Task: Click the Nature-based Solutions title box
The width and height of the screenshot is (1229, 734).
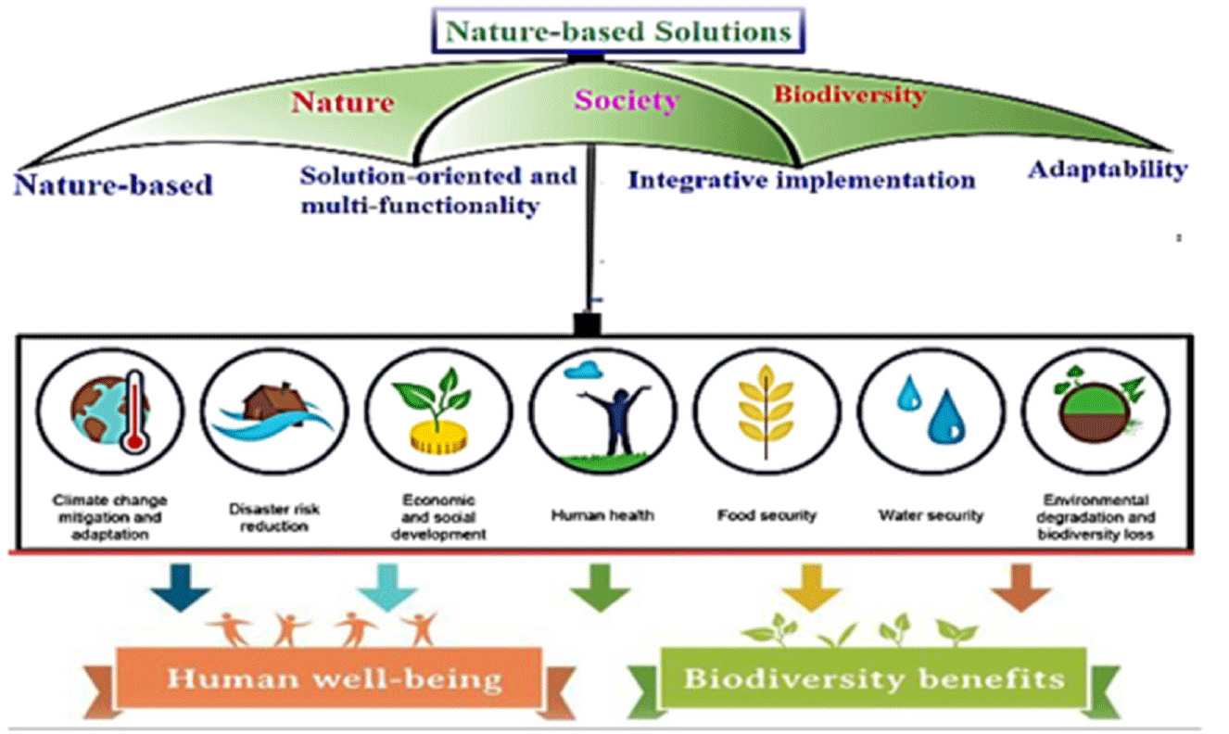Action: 618,31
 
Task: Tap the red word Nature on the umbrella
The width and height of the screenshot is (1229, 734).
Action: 343,103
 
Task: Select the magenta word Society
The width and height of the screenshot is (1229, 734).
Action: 627,100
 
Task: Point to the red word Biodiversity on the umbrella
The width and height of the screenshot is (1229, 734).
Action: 850,95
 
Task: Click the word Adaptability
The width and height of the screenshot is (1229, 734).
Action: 1108,170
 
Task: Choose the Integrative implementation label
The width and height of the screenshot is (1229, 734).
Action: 802,181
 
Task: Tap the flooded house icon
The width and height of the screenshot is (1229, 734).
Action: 273,411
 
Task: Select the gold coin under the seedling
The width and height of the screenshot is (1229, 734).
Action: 438,437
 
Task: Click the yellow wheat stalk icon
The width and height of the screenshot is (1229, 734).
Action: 766,411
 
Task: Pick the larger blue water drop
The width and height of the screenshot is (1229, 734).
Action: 946,416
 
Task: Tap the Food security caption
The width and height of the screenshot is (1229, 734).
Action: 767,515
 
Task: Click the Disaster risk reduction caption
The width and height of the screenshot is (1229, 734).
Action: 273,518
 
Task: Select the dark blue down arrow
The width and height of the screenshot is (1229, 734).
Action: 181,588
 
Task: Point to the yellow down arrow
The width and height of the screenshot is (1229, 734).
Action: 812,588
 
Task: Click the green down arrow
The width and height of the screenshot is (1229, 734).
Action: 600,588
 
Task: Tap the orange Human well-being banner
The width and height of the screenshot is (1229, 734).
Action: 329,679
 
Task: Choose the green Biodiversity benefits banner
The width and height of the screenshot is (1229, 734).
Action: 873,679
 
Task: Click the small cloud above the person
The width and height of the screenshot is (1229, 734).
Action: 583,371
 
